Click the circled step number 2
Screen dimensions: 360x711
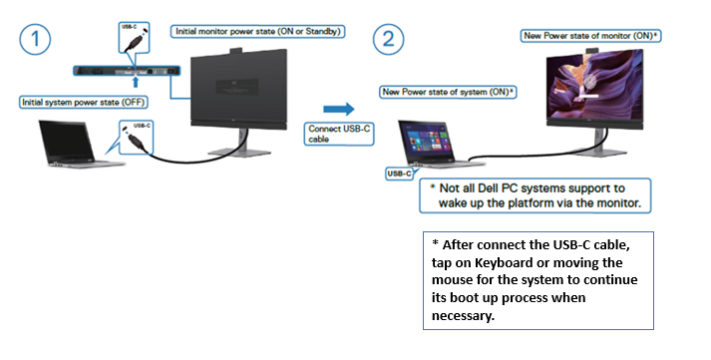[x=388, y=42]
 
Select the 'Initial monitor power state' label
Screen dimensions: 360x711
[x=258, y=32]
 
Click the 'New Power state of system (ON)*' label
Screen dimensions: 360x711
[x=448, y=92]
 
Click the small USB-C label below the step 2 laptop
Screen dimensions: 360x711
[x=399, y=174]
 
